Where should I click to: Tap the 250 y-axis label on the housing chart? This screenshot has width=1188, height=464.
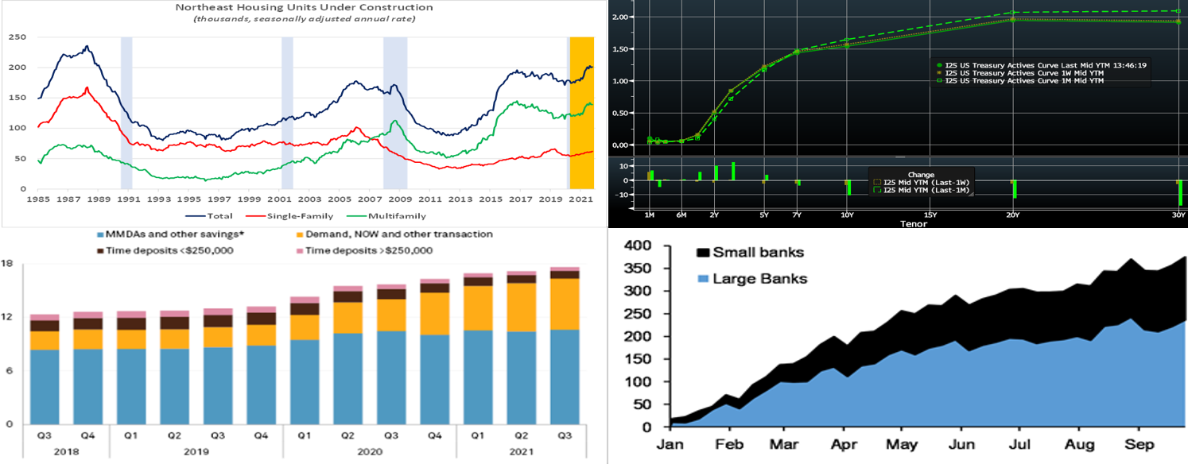pyautogui.click(x=17, y=37)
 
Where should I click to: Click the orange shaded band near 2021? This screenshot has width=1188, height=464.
pyautogui.click(x=581, y=111)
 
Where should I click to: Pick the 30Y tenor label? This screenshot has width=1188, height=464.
pyautogui.click(x=1177, y=215)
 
